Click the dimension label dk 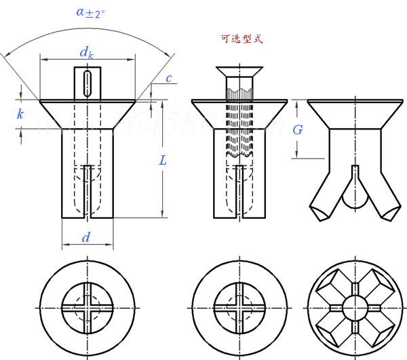point(86,52)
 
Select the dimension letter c point(168,79)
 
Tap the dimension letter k point(20,115)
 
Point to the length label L point(162,161)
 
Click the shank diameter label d point(85,237)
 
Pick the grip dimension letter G point(298,129)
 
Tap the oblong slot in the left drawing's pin point(87,83)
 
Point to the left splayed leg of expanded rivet point(322,197)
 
